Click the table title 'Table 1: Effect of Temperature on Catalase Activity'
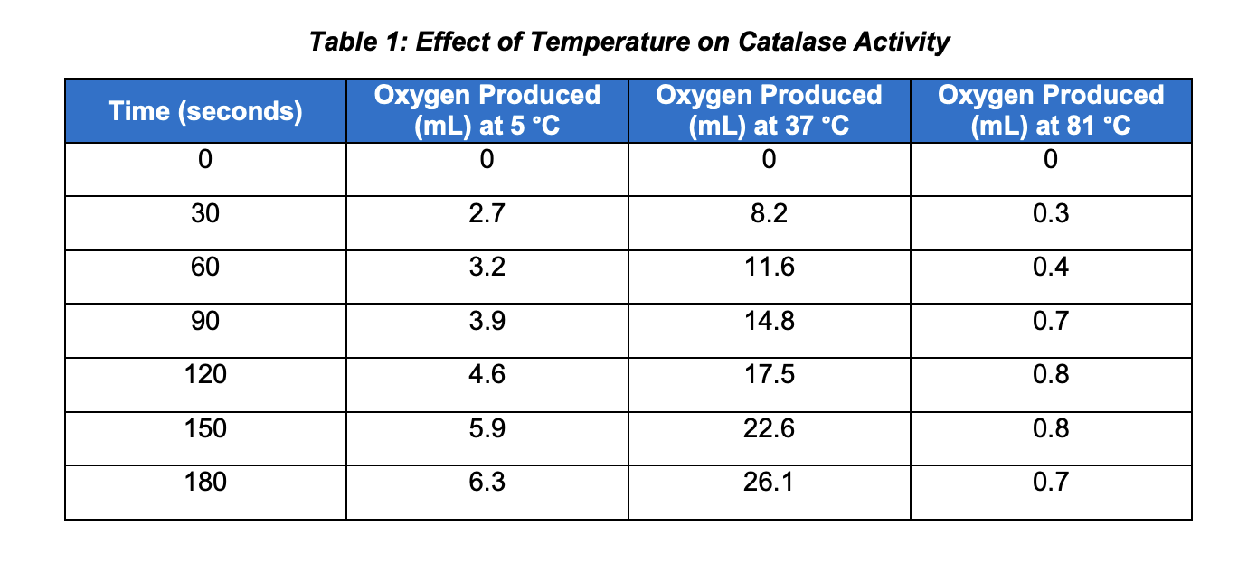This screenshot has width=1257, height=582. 628,42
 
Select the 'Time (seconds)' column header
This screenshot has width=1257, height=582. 205,111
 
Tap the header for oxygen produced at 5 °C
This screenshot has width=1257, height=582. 487,110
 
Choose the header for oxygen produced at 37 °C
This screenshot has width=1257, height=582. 769,110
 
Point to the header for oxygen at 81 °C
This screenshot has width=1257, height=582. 1051,110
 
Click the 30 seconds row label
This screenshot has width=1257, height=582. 205,214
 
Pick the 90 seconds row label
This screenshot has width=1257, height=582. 205,321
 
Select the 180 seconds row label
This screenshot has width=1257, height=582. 205,482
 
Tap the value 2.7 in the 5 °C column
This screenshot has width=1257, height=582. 487,214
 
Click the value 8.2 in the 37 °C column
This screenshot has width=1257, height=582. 769,214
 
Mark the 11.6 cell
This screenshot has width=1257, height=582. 769,268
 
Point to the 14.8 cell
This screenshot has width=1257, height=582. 769,321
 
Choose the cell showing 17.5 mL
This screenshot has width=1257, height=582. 769,374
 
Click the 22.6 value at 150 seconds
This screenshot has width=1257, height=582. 769,427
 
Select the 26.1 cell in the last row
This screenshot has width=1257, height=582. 769,482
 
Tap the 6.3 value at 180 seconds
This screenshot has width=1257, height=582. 487,482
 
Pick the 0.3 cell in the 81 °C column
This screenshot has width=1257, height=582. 1051,214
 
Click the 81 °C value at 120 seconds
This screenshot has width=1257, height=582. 1051,374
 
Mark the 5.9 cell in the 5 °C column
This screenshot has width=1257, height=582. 487,427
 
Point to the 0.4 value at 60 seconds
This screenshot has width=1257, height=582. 1051,268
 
